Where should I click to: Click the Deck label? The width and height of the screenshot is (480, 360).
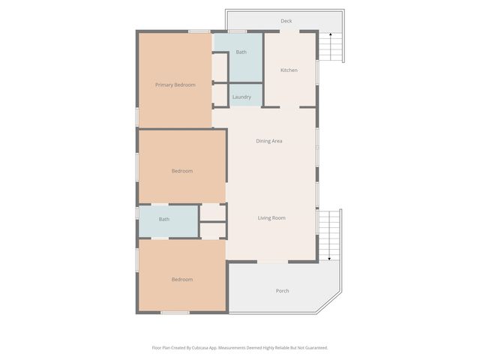[286, 21]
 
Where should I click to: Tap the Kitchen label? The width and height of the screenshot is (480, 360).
[289, 70]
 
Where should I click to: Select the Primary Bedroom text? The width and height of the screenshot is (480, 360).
[175, 85]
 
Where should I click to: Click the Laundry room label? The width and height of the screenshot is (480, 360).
[241, 97]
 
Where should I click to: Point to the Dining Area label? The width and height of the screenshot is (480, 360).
[268, 141]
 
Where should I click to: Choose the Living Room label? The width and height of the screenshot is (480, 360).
[271, 218]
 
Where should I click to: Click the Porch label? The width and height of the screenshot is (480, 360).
[282, 291]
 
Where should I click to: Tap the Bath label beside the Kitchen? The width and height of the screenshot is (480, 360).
[241, 52]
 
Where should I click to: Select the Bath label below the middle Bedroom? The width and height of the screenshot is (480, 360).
[163, 220]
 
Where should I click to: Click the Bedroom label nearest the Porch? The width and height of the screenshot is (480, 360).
[181, 280]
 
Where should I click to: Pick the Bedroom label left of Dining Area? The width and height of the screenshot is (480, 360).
[181, 171]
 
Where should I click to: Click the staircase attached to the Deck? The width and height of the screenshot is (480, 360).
[330, 46]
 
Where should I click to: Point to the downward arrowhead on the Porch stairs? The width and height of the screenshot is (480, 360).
[329, 259]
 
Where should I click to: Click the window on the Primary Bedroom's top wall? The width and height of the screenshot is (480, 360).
[199, 31]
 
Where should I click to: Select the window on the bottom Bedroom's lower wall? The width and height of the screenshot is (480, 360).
[175, 312]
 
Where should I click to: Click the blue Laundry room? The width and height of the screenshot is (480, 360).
[245, 94]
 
